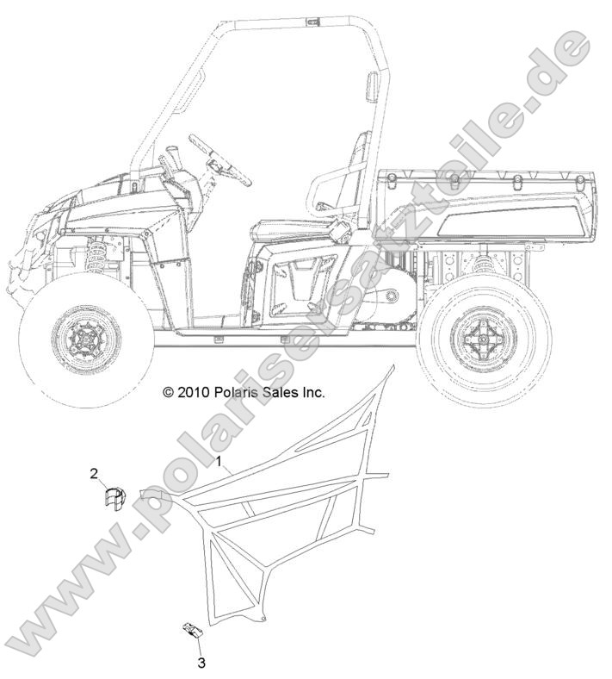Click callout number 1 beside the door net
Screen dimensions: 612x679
click(x=219, y=461)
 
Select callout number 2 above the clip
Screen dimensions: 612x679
click(x=94, y=473)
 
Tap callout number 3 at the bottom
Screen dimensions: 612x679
click(x=201, y=662)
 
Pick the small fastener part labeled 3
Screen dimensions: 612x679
click(x=192, y=630)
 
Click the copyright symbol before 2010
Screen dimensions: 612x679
click(x=168, y=393)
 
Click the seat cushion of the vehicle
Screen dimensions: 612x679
click(x=287, y=230)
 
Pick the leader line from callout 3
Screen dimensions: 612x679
click(x=199, y=646)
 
